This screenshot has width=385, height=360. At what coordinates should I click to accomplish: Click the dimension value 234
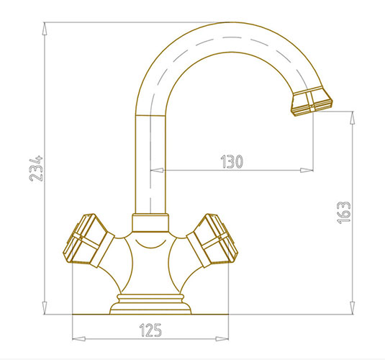click(x=36, y=168)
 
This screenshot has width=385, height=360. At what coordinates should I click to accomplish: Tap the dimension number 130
click(x=232, y=161)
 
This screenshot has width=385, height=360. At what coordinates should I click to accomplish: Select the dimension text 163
click(x=343, y=212)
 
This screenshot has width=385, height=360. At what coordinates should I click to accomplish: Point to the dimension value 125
click(x=150, y=330)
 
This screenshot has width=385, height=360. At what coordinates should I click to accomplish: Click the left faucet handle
click(x=89, y=240)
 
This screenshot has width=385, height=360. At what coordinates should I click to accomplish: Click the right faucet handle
click(x=212, y=240)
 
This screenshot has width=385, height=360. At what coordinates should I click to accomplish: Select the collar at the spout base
click(x=150, y=222)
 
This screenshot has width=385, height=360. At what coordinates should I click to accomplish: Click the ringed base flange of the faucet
click(x=150, y=305)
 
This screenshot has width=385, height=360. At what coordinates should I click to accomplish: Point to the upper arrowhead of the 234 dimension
click(x=45, y=29)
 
